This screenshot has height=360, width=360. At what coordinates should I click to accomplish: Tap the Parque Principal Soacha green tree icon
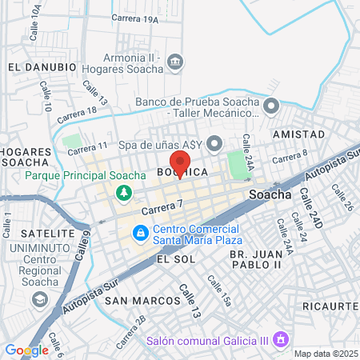tap(123, 193)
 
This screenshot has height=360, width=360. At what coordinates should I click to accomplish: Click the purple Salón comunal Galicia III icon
tap(280, 339)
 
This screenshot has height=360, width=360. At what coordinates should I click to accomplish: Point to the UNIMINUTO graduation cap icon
tap(38, 298)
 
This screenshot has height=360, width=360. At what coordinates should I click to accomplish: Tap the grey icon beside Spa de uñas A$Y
tap(214, 144)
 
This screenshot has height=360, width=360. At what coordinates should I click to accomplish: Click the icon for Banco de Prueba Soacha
tap(271, 104)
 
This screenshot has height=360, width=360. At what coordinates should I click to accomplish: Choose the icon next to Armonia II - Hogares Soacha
tap(177, 62)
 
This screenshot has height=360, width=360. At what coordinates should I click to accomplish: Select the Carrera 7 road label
tap(162, 208)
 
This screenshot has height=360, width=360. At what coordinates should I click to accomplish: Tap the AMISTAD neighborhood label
tap(298, 134)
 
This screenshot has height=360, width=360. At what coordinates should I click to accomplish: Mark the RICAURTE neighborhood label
tap(329, 306)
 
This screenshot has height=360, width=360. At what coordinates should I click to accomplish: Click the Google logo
tap(26, 350)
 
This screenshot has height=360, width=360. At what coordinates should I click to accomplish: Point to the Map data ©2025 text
tap(324, 354)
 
